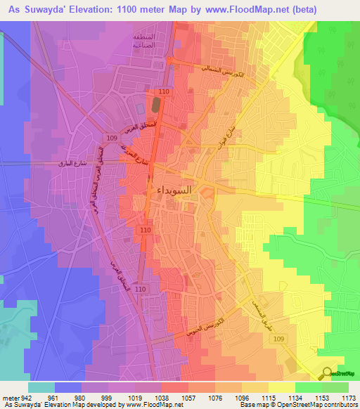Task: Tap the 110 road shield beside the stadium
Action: [165, 92]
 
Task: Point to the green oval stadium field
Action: [155, 106]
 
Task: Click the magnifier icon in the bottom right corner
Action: [328, 374]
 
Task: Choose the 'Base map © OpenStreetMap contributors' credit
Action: [298, 405]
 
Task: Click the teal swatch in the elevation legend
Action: [41, 387]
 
